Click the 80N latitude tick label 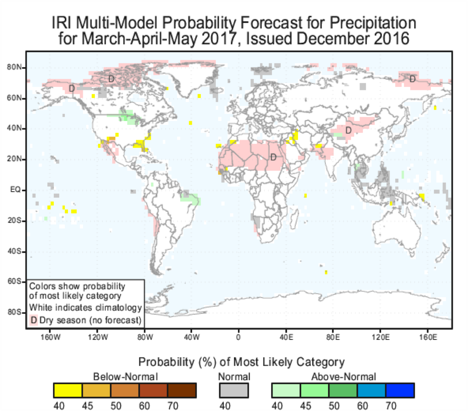click(x=14, y=68)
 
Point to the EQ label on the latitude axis click(x=15, y=189)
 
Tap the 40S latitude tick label click(x=14, y=252)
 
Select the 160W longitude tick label click(x=50, y=337)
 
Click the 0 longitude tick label click(x=238, y=337)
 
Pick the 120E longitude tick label click(x=381, y=337)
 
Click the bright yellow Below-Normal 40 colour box click(x=68, y=391)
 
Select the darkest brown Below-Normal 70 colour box click(x=182, y=391)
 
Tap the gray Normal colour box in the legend click(x=234, y=391)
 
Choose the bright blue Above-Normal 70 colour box click(x=400, y=391)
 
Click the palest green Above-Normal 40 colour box click(x=286, y=391)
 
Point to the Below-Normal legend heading click(x=125, y=377)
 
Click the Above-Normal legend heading click(x=343, y=377)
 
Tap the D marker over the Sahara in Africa click(x=273, y=157)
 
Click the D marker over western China click(x=348, y=131)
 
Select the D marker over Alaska click(x=72, y=88)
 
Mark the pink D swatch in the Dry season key click(x=34, y=320)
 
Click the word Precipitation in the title click(x=373, y=23)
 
